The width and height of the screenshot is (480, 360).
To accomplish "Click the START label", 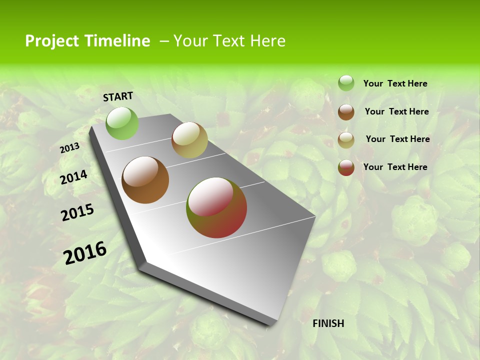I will pyautogui.click(x=118, y=96).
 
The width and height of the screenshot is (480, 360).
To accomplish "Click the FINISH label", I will pyautogui.click(x=328, y=323).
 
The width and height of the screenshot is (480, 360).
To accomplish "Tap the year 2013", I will pyautogui.click(x=69, y=148).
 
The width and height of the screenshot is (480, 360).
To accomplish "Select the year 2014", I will pyautogui.click(x=73, y=177).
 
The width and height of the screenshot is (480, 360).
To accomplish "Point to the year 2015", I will pyautogui.click(x=77, y=212).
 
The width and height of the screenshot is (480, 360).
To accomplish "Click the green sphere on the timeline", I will pyautogui.click(x=122, y=123).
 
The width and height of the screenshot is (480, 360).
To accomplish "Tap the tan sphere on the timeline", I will pyautogui.click(x=189, y=140).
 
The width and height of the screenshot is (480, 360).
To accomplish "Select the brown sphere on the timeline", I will pyautogui.click(x=145, y=180).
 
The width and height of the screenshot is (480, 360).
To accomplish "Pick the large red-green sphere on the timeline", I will pyautogui.click(x=216, y=207).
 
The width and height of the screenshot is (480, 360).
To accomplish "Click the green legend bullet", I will pyautogui.click(x=346, y=83).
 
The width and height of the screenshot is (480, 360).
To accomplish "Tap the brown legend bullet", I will pyautogui.click(x=346, y=112).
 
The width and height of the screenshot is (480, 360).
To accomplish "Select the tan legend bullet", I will pyautogui.click(x=346, y=140).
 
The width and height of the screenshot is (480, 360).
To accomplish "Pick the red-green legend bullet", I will pyautogui.click(x=346, y=167).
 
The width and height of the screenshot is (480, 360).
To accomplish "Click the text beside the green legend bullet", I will pyautogui.click(x=395, y=84).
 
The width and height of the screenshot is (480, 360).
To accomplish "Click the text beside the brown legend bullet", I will pyautogui.click(x=396, y=111).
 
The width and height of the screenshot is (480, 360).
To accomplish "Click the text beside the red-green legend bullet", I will pyautogui.click(x=395, y=167).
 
